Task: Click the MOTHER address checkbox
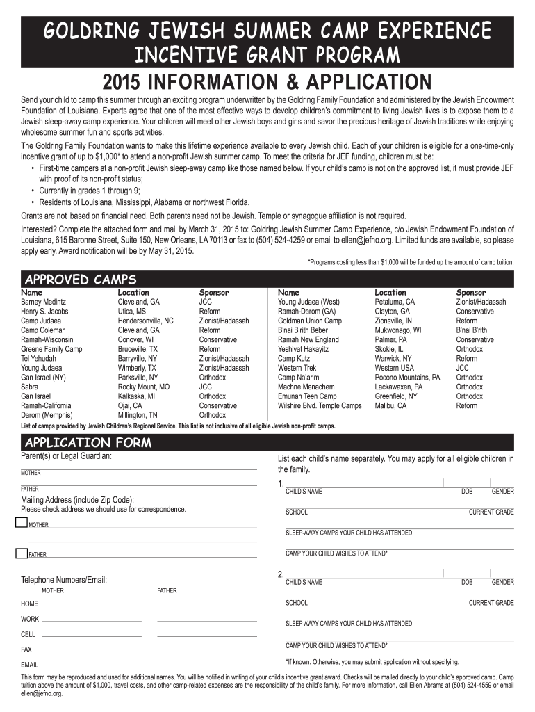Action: [21, 524]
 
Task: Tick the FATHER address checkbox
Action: [21, 553]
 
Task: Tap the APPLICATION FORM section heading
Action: [88, 443]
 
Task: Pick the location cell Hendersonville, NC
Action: [145, 321]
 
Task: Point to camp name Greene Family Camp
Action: [51, 349]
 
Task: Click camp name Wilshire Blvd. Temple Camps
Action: [320, 405]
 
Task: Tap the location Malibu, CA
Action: [390, 405]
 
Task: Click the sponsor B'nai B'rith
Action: [472, 330]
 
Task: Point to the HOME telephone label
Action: [29, 604]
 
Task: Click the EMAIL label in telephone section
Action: [30, 665]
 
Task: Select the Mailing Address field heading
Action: [78, 499]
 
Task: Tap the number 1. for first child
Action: [281, 484]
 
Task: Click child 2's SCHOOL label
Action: [296, 603]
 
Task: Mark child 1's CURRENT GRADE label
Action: [491, 512]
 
